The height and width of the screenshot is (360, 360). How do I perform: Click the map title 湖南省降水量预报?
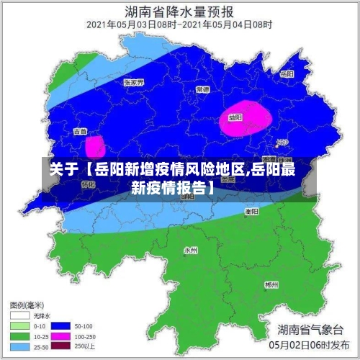[x=179, y=12]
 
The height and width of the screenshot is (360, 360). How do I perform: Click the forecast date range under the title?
[x=179, y=24]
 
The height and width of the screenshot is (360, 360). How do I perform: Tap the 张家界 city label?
[x=134, y=82]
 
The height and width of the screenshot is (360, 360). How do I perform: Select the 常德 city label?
[x=202, y=89]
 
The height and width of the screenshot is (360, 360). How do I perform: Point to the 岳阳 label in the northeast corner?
[x=287, y=74]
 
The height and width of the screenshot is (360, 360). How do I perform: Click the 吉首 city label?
[x=80, y=132]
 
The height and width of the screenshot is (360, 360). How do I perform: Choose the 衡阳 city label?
[x=251, y=212]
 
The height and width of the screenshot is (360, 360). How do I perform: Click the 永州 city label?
[x=190, y=251]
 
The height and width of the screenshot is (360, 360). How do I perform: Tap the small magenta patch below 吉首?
[x=95, y=147]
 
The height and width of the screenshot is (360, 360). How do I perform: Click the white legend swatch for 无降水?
[x=19, y=315]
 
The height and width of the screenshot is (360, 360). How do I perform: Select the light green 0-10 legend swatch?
[x=19, y=325]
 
